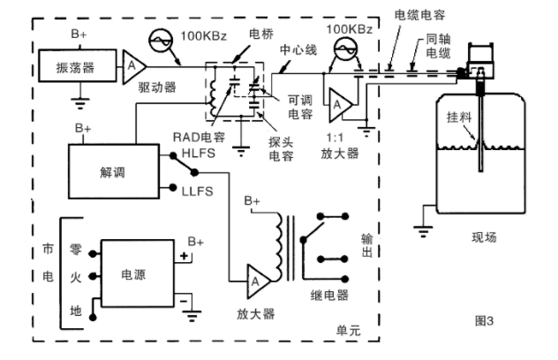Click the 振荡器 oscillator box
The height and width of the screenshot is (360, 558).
[x=74, y=67]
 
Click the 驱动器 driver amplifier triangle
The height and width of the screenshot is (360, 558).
[x=132, y=66]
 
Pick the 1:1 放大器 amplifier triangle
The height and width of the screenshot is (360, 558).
[x=338, y=106]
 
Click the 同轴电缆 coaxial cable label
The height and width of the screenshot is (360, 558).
[x=423, y=46]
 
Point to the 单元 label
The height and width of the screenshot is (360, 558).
[x=348, y=327]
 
